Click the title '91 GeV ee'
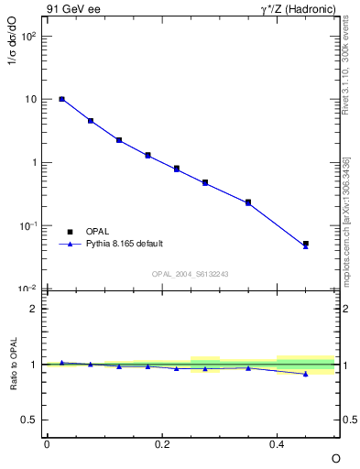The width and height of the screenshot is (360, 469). (x=71, y=10)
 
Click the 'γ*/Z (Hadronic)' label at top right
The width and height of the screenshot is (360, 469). (x=298, y=10)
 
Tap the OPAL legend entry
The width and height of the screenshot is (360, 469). (x=98, y=231)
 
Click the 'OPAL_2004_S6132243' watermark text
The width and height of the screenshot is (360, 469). (x=191, y=274)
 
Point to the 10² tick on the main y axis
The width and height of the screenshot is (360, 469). (x=29, y=36)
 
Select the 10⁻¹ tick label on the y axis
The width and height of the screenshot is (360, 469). (x=29, y=225)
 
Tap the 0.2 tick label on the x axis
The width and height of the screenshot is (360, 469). (x=162, y=443)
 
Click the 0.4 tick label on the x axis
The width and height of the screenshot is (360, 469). (x=278, y=443)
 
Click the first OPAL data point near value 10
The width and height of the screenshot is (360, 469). (x=61, y=99)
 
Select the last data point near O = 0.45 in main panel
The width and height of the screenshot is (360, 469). (x=306, y=244)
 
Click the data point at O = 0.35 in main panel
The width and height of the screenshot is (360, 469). (x=248, y=202)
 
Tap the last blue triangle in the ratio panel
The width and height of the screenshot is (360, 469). (x=306, y=374)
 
